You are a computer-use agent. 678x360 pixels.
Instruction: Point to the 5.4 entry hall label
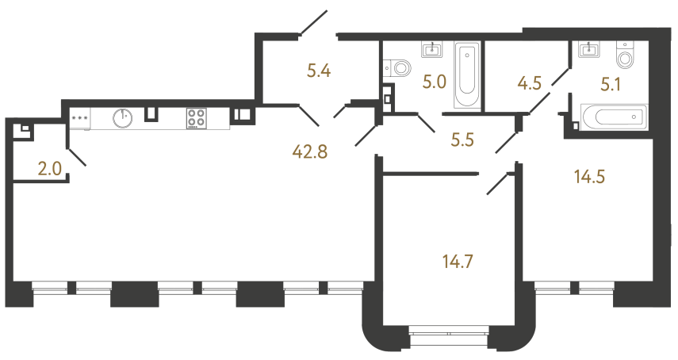(x=318, y=71)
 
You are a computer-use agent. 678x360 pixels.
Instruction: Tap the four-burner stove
(x=197, y=118)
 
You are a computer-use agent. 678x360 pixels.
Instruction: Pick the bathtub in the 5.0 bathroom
(x=466, y=77)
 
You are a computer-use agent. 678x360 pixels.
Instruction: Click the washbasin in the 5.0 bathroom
(x=432, y=50)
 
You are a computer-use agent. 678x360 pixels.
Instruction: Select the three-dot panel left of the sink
(x=80, y=117)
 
